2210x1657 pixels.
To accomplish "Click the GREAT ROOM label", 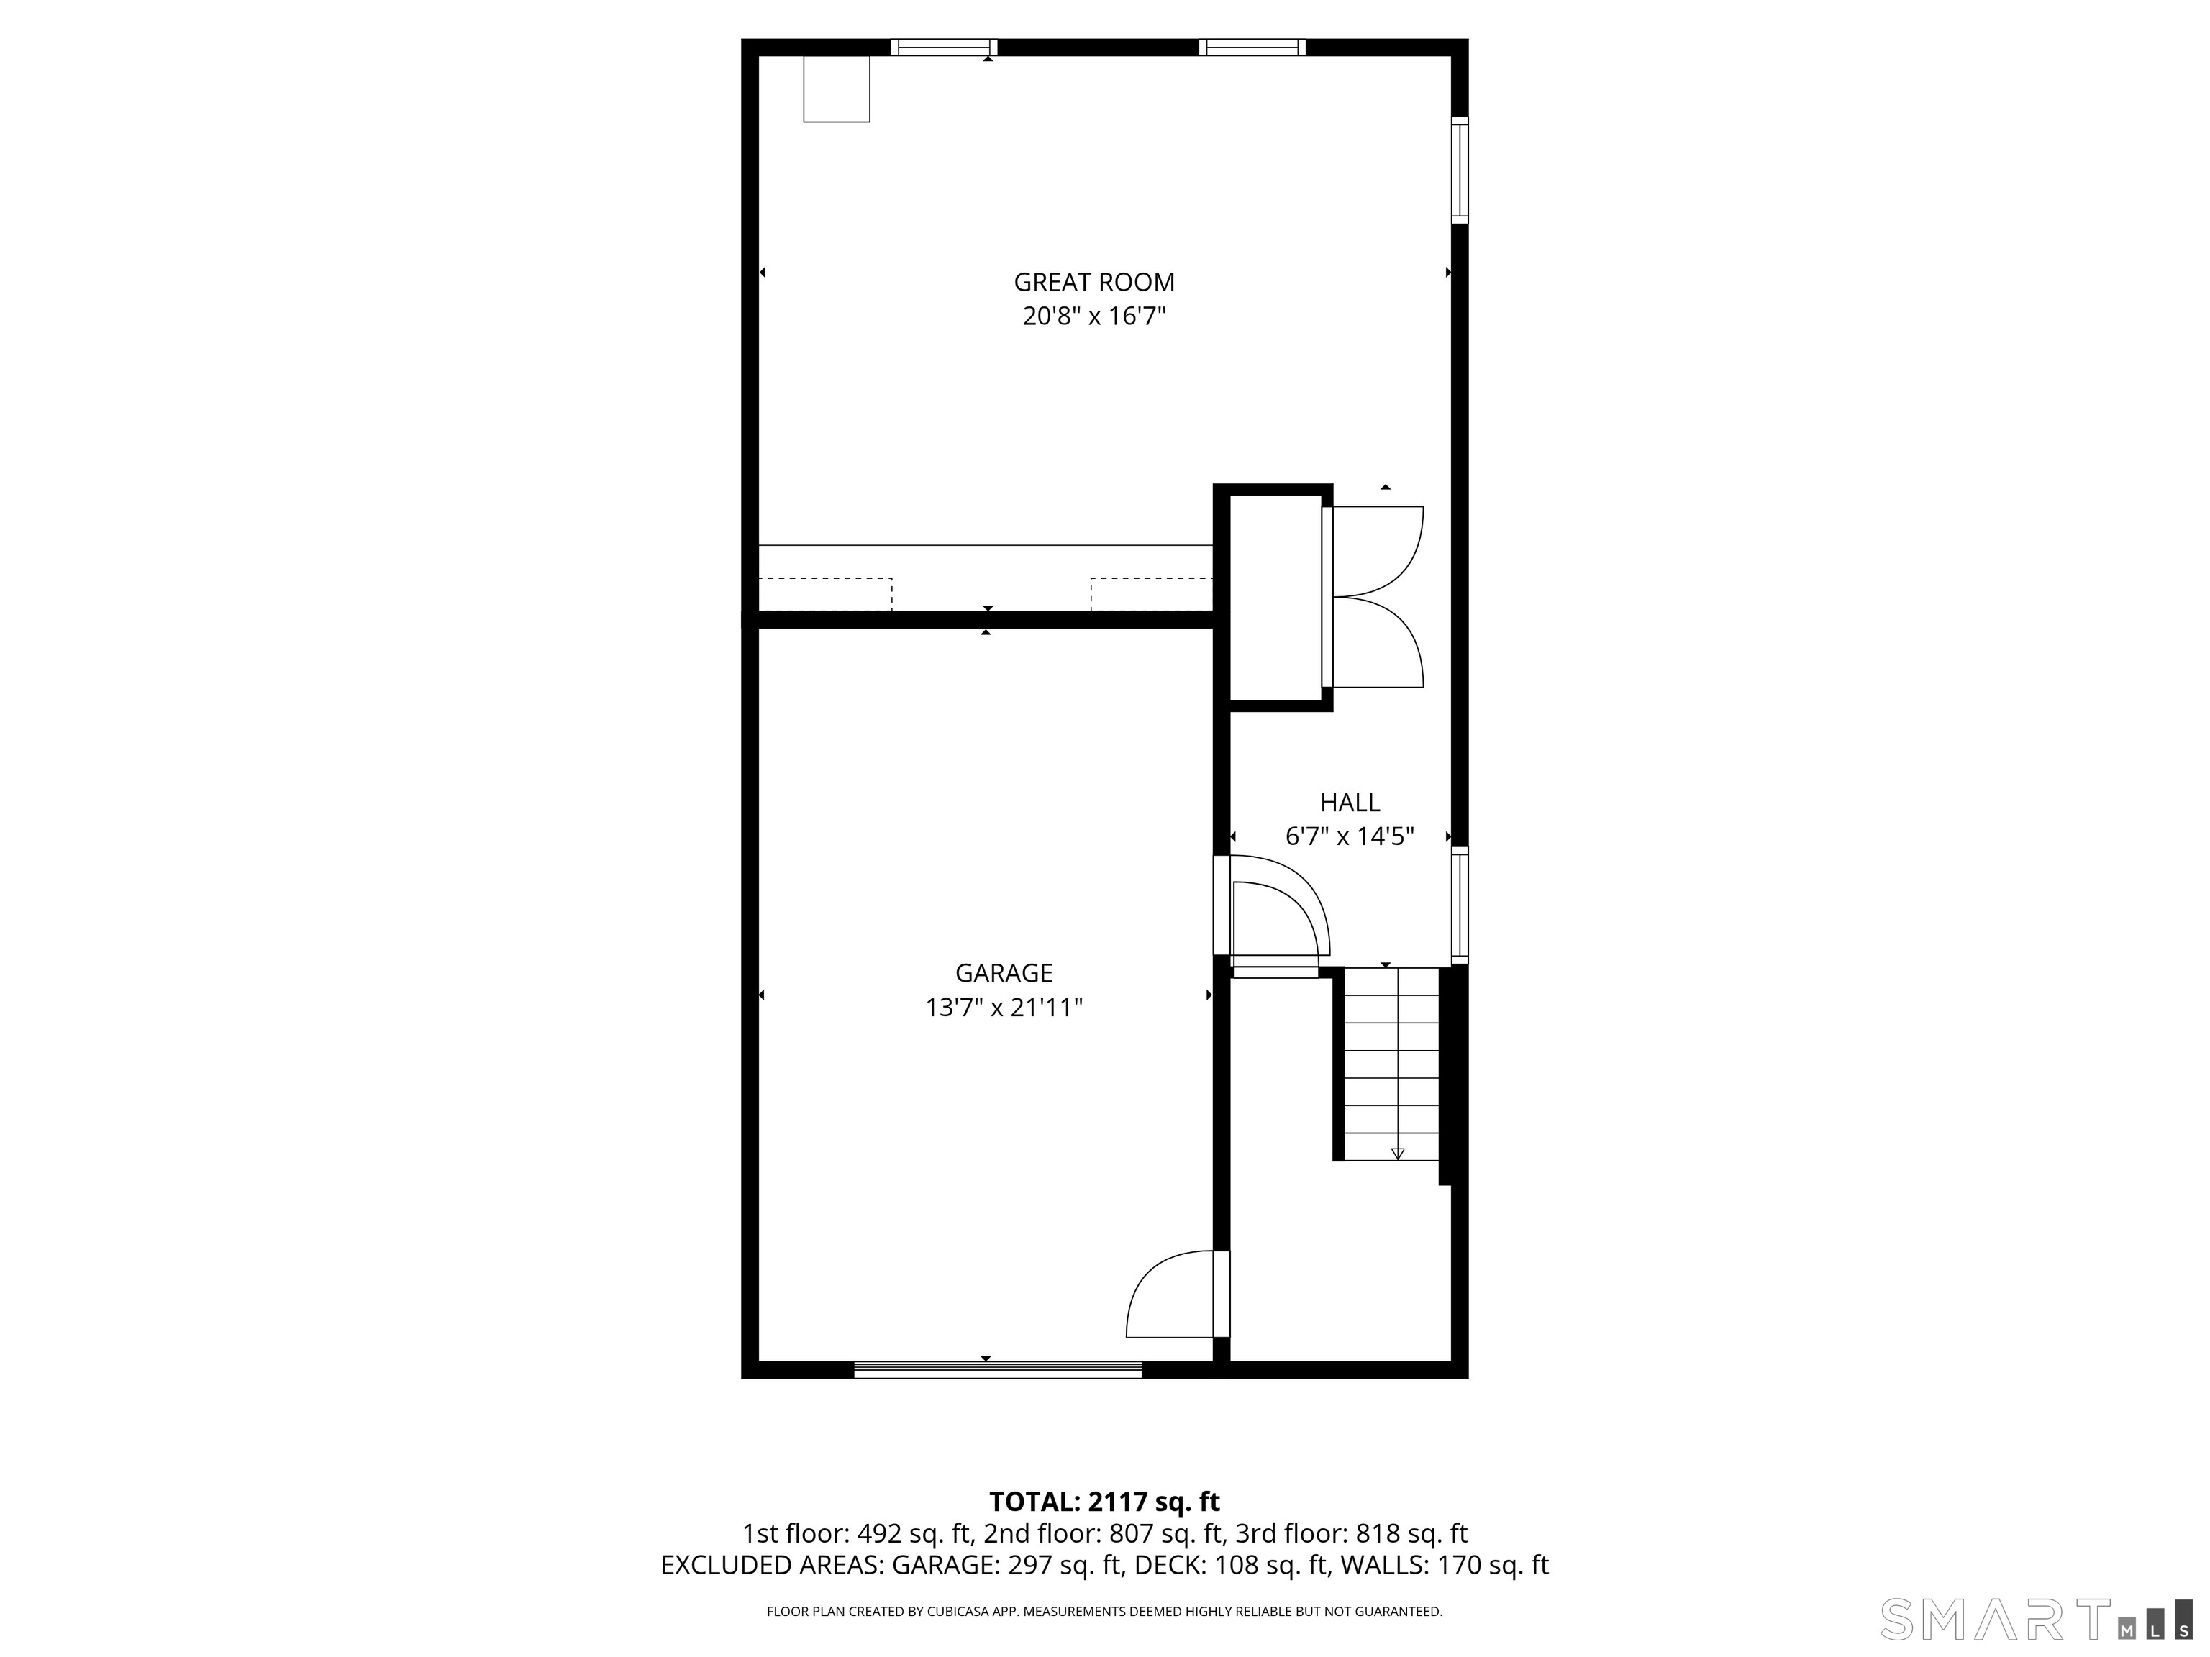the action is (x=1094, y=283).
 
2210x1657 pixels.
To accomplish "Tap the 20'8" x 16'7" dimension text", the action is (x=1094, y=316).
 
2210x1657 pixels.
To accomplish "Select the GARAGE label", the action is (x=1004, y=973).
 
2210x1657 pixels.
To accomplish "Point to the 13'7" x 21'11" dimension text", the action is (x=1004, y=1008).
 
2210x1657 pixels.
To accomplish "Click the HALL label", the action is (x=1350, y=802).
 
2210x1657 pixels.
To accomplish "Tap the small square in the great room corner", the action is (x=836, y=89).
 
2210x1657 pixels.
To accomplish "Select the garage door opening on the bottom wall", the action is (x=997, y=1370).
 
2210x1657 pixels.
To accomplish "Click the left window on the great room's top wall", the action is (x=944, y=47).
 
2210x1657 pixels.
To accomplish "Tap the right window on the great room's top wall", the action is (x=1252, y=47).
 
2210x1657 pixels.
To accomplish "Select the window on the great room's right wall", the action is (x=1460, y=170).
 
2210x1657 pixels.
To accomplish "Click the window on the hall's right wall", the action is (x=1460, y=905).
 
